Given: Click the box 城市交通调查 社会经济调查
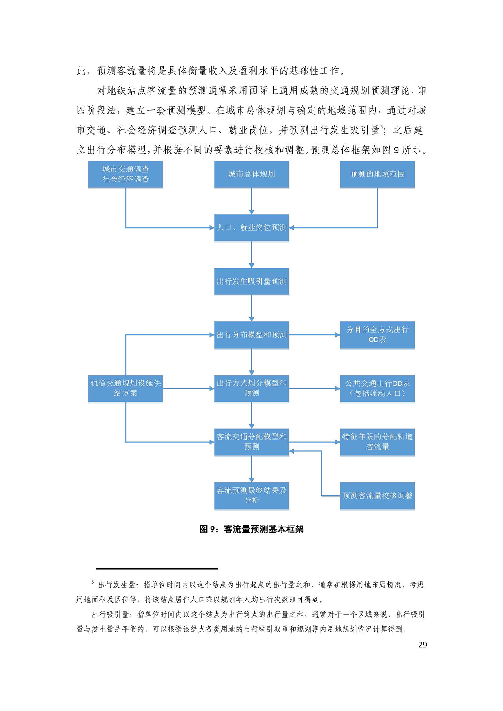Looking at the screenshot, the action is point(126,174).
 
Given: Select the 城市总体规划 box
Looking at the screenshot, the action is point(251,174).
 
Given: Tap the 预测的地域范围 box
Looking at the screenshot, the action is point(377,174).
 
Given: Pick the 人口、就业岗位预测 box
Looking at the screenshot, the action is point(251,228).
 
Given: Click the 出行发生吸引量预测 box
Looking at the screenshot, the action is point(251,281).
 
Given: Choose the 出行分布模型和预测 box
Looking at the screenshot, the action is point(251,335).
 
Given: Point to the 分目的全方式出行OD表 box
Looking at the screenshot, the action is point(377,335).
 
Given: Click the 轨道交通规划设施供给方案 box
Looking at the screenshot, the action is point(126,388).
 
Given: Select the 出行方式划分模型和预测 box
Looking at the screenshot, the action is point(251,388).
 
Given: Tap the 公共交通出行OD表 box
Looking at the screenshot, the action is point(377,388).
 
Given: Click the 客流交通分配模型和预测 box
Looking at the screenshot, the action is point(251,442).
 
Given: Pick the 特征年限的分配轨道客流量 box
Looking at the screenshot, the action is point(377,442).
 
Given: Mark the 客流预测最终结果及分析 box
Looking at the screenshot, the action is point(251,495).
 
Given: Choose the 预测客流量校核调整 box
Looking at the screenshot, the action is point(377,495).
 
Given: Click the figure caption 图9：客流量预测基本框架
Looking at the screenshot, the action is point(251,529).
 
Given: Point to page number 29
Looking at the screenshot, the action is point(422,645).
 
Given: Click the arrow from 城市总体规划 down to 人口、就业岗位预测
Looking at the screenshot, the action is point(251,201).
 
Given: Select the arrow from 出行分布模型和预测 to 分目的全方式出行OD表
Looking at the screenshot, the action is point(314,335).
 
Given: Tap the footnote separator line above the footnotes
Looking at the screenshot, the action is point(157,569).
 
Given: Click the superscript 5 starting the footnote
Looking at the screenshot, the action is point(92,582).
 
